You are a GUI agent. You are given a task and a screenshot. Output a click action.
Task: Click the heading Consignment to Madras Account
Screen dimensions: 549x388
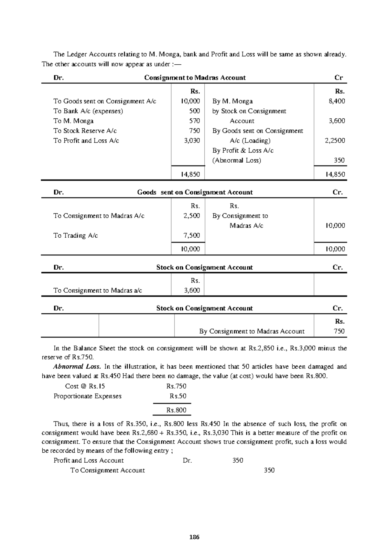click(x=195, y=78)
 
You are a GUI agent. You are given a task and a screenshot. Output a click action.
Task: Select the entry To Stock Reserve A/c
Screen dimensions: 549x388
click(x=85, y=131)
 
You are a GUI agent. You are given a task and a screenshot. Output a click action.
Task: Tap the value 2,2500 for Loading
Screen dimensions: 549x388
click(x=335, y=141)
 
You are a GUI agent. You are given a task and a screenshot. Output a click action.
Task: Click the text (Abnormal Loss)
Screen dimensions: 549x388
click(x=236, y=160)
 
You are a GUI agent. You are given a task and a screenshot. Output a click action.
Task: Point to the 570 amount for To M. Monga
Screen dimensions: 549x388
click(x=194, y=121)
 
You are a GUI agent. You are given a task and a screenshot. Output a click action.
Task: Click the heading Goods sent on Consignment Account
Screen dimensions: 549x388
click(x=195, y=192)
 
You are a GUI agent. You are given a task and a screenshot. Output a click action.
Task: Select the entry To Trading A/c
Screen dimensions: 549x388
click(x=76, y=235)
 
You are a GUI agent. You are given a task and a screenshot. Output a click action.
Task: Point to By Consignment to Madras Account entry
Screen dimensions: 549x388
click(x=252, y=331)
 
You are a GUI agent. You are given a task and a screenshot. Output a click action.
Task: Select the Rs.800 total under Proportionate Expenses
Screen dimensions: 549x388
click(x=176, y=410)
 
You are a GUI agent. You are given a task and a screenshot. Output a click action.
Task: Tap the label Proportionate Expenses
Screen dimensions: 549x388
click(x=87, y=396)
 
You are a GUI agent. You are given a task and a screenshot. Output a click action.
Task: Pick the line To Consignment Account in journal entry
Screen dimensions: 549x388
click(x=107, y=470)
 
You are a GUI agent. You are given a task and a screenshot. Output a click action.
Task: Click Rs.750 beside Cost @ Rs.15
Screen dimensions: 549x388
click(x=176, y=386)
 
